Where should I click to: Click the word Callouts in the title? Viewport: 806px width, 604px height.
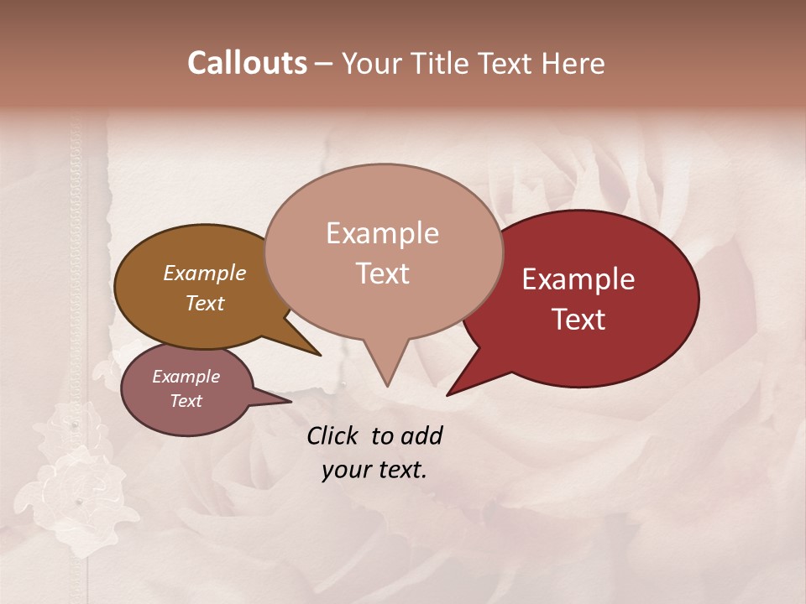(247, 63)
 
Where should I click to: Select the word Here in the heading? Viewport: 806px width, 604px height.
(574, 63)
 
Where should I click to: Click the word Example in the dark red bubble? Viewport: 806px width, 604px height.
(578, 279)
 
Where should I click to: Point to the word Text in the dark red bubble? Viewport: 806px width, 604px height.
(578, 320)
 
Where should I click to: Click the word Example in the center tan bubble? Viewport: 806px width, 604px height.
(382, 233)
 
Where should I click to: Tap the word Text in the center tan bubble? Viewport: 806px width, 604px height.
(382, 273)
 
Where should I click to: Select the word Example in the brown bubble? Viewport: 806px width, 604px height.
(205, 273)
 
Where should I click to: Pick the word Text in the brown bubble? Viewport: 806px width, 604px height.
(205, 303)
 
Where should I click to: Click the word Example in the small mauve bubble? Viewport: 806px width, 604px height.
(186, 377)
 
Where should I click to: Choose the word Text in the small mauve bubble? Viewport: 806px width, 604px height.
(186, 401)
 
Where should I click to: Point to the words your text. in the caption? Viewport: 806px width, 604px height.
(374, 470)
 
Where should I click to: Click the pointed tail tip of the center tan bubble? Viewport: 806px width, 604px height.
(387, 385)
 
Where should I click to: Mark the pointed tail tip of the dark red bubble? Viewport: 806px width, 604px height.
(448, 394)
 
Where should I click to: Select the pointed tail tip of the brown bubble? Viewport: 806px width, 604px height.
(319, 355)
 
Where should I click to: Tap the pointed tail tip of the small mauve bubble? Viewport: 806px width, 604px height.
(290, 401)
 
